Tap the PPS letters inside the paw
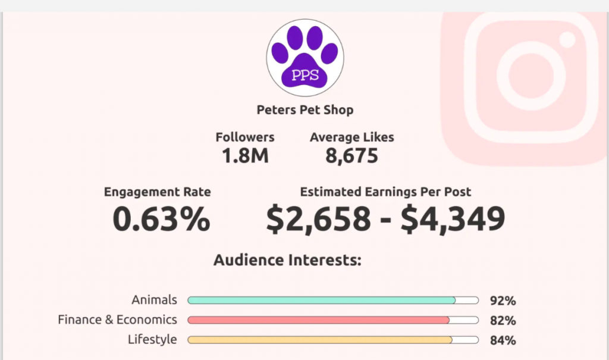(x=304, y=76)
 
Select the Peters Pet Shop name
(x=304, y=110)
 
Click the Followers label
(x=245, y=137)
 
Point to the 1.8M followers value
(x=245, y=156)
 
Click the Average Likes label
(x=351, y=137)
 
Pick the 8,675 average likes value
(x=351, y=156)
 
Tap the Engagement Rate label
(x=157, y=192)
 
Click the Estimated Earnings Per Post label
(x=385, y=192)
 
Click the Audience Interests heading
(x=288, y=260)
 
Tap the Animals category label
(x=155, y=300)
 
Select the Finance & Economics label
(x=117, y=320)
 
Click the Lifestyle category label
(x=152, y=339)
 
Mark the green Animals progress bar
(x=322, y=300)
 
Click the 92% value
(x=503, y=301)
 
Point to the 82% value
(x=503, y=321)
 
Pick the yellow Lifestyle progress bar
(x=320, y=340)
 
